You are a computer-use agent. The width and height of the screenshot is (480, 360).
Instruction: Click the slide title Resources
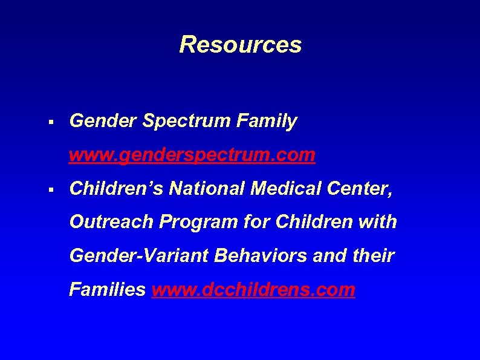click(240, 44)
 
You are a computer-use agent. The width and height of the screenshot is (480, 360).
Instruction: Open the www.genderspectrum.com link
click(192, 155)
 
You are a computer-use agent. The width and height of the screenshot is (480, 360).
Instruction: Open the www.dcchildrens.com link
click(253, 290)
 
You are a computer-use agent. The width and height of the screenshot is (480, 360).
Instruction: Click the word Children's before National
click(117, 189)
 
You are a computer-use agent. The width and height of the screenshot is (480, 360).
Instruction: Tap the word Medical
click(281, 189)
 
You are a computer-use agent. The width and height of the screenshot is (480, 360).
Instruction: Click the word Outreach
click(111, 222)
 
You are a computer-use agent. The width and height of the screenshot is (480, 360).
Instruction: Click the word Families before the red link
click(107, 290)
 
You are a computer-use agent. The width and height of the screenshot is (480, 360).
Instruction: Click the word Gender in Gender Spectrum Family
click(103, 122)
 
